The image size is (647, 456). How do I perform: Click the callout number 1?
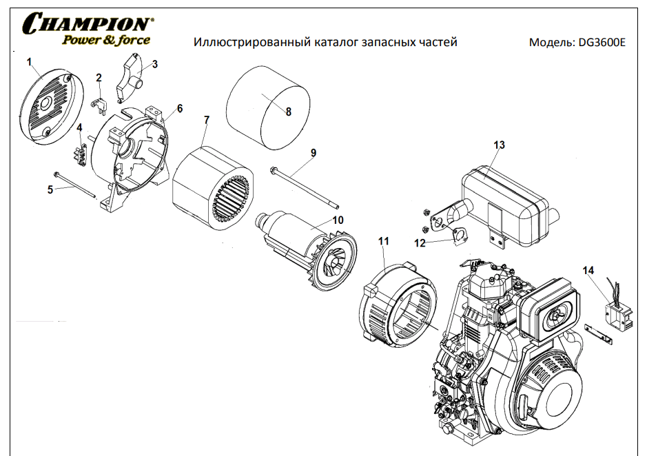pos(30,62)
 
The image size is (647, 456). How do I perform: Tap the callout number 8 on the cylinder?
pos(288,111)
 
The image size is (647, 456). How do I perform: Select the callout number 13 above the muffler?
pos(499,145)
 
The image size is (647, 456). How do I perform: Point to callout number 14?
pos(588,271)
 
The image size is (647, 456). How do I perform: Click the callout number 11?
pos(384,241)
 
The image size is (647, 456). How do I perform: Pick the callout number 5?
pos(50,189)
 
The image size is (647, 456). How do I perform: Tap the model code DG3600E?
pos(602,43)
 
